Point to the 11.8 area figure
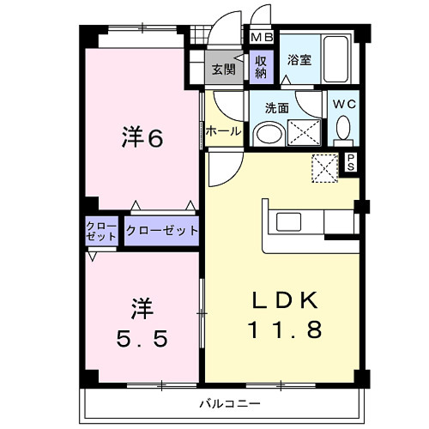tap(285, 329)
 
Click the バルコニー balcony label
tap(230, 402)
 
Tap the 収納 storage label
tap(261, 67)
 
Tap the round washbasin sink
tap(269, 134)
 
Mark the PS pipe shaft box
tap(352, 162)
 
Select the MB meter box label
tap(261, 38)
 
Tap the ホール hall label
tap(222, 131)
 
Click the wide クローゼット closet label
tap(162, 231)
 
